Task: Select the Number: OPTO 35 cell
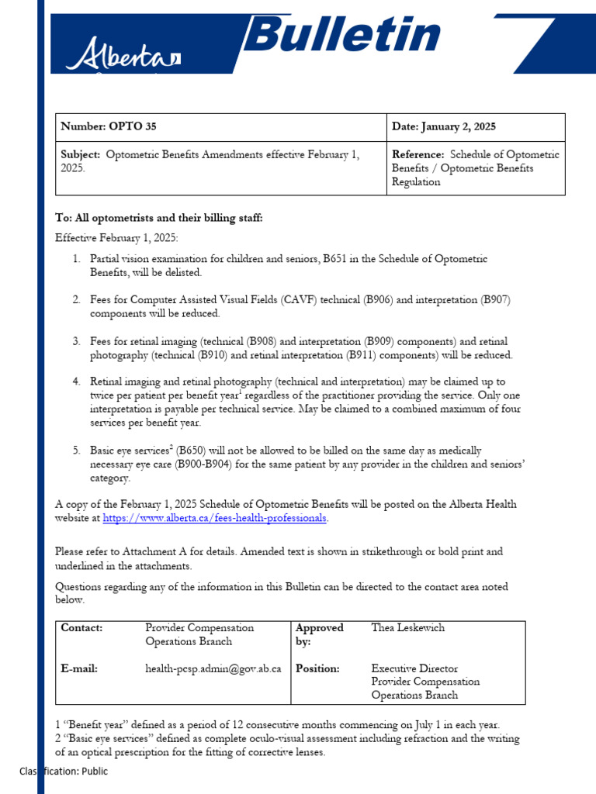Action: point(113,127)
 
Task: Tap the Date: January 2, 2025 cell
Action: point(443,127)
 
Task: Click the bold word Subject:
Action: point(81,154)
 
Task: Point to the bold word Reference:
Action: point(418,154)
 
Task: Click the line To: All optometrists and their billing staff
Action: point(159,218)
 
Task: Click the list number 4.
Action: point(77,381)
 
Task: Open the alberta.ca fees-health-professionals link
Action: point(215,518)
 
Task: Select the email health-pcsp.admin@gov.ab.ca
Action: point(213,668)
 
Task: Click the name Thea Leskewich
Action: point(408,628)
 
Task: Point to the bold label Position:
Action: point(317,668)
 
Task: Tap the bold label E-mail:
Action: point(79,668)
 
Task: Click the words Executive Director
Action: point(414,668)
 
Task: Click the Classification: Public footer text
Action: point(64,772)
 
